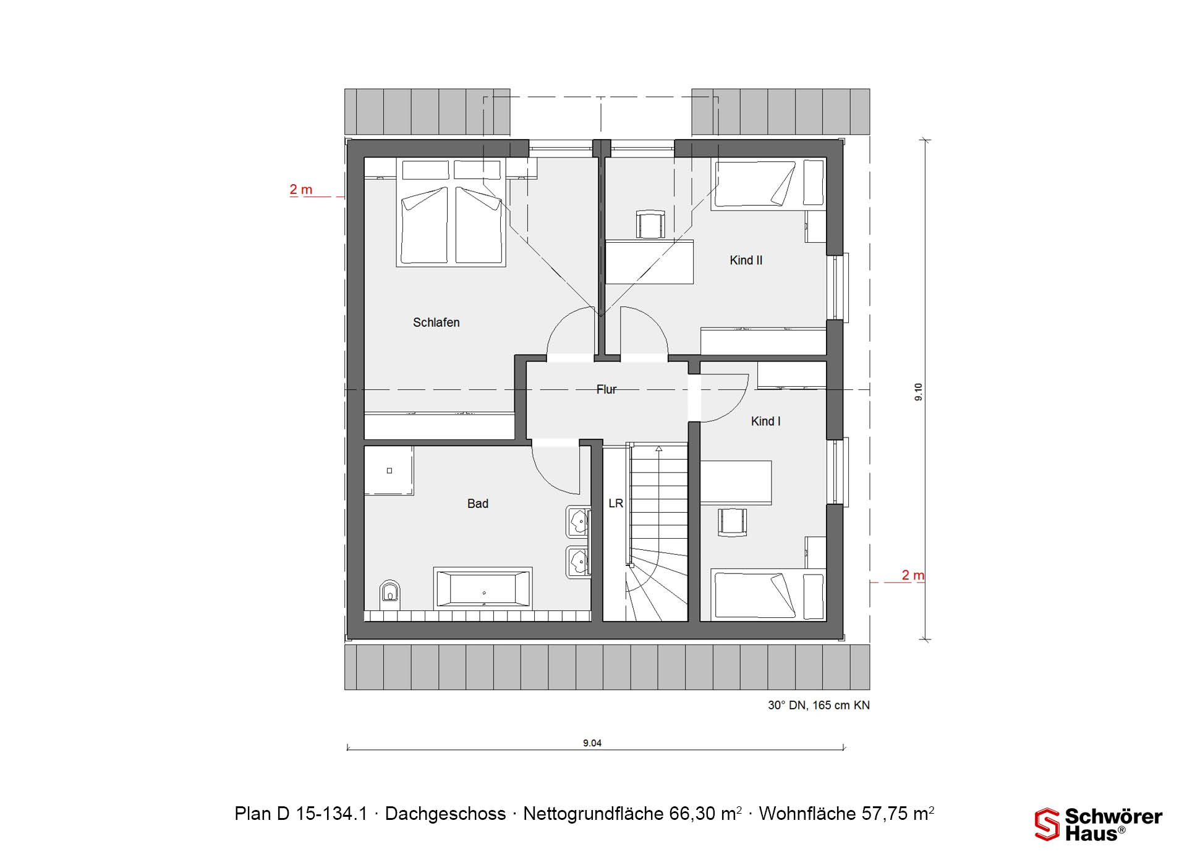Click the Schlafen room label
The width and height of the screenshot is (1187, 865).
[436, 323]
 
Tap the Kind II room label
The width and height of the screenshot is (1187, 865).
[746, 260]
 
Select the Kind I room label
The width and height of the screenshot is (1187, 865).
[765, 421]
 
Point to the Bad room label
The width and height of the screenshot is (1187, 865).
[477, 504]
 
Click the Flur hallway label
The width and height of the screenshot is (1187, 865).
[606, 389]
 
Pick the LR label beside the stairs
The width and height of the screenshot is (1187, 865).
[616, 504]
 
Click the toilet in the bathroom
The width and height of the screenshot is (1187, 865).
[389, 592]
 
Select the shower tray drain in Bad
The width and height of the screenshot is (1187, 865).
[389, 471]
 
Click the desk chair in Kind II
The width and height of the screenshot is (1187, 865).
[651, 224]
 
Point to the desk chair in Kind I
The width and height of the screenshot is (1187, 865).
[732, 521]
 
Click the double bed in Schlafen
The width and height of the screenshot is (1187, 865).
[451, 213]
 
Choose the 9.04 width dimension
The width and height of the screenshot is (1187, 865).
[592, 743]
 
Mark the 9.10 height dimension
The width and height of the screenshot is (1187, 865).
[919, 392]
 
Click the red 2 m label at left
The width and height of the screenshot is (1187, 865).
[301, 190]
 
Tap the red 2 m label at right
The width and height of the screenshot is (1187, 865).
[913, 575]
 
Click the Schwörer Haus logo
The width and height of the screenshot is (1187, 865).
[1099, 825]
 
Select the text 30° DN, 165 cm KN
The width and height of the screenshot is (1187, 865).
[819, 705]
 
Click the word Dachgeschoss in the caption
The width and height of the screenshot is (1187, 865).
[445, 814]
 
